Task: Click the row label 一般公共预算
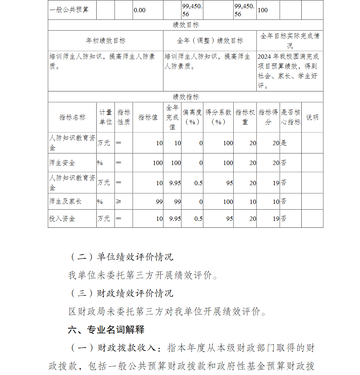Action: click(x=69, y=10)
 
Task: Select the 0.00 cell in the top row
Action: click(x=140, y=10)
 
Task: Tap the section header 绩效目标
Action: click(x=186, y=25)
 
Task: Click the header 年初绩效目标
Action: click(x=105, y=41)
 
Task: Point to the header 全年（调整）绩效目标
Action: click(x=210, y=41)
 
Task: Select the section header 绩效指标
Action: click(x=186, y=97)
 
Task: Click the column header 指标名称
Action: click(x=72, y=117)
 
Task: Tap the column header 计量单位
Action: click(x=105, y=117)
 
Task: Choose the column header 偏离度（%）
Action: click(x=192, y=117)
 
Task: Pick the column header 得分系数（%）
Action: click(x=218, y=117)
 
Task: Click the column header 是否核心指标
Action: click(x=291, y=117)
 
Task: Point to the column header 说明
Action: click(x=312, y=117)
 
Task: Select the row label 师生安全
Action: click(x=62, y=163)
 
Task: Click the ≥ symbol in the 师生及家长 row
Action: click(x=119, y=201)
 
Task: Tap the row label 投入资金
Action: click(x=62, y=218)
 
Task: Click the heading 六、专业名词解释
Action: click(x=106, y=330)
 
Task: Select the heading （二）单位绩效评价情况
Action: click(x=121, y=257)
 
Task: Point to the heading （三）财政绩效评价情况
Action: click(x=121, y=293)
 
